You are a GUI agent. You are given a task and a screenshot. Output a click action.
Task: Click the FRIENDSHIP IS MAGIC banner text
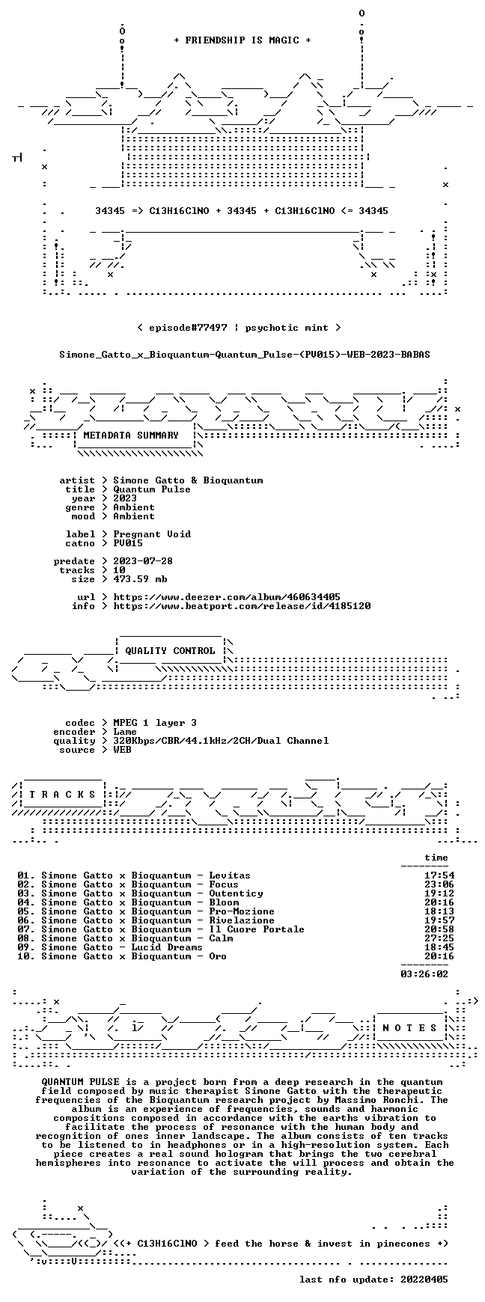242,40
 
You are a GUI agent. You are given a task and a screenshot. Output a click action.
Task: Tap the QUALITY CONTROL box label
170,651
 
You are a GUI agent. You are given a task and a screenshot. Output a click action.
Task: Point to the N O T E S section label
409,1028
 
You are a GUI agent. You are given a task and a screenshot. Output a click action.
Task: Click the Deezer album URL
227,597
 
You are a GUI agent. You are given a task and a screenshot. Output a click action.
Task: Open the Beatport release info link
242,606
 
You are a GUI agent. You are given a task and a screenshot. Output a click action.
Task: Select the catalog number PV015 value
128,543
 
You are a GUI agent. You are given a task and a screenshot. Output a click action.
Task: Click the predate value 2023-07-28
143,561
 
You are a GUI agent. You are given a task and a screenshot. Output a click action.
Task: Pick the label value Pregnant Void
152,534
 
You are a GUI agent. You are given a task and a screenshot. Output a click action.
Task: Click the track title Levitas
230,875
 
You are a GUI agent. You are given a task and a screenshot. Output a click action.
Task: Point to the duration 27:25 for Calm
439,938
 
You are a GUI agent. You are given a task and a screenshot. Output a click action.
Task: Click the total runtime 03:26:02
424,974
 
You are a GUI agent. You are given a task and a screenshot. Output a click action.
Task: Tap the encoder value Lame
125,732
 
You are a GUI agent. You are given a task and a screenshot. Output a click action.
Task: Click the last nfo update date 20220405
424,1280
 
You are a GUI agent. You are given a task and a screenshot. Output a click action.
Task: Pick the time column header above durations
436,858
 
